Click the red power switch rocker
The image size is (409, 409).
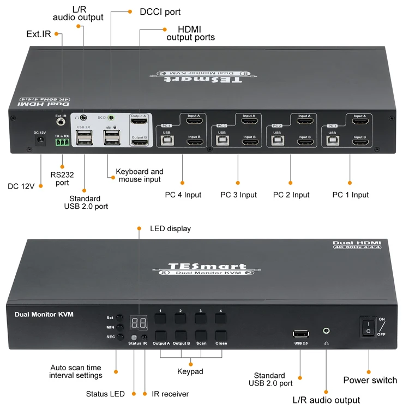point(369,326)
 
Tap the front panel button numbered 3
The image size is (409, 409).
point(201,317)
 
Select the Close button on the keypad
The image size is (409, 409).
point(221,335)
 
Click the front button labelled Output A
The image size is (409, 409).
point(161,335)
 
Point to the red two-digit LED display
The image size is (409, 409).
point(139,323)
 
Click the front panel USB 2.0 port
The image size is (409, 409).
point(301,334)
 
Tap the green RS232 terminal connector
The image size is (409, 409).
point(62,142)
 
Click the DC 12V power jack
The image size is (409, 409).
point(40,140)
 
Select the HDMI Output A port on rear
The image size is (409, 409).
point(139,122)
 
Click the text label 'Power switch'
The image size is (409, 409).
point(370,380)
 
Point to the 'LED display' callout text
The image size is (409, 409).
point(170,228)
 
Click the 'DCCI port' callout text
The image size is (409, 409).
point(161,11)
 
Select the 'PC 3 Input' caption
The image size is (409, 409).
point(238,195)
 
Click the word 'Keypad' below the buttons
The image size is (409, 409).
point(190,371)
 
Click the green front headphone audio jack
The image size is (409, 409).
point(326,330)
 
